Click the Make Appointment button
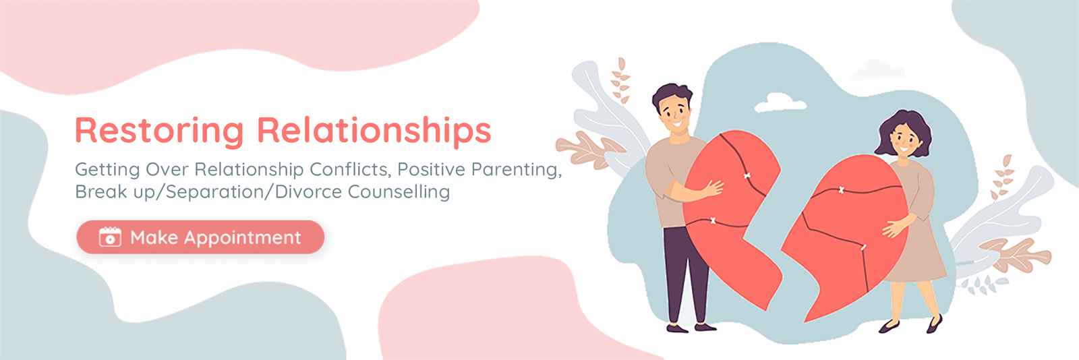pyautogui.click(x=200, y=237)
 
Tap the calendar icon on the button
pyautogui.click(x=110, y=237)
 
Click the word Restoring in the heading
pyautogui.click(x=159, y=130)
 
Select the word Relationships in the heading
pyautogui.click(x=374, y=130)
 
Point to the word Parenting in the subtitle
pyautogui.click(x=517, y=170)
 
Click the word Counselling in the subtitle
pyautogui.click(x=399, y=191)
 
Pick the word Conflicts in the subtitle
pyautogui.click(x=350, y=169)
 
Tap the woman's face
pyautogui.click(x=904, y=139)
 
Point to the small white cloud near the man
pyautogui.click(x=780, y=102)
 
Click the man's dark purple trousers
pyautogui.click(x=683, y=274)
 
